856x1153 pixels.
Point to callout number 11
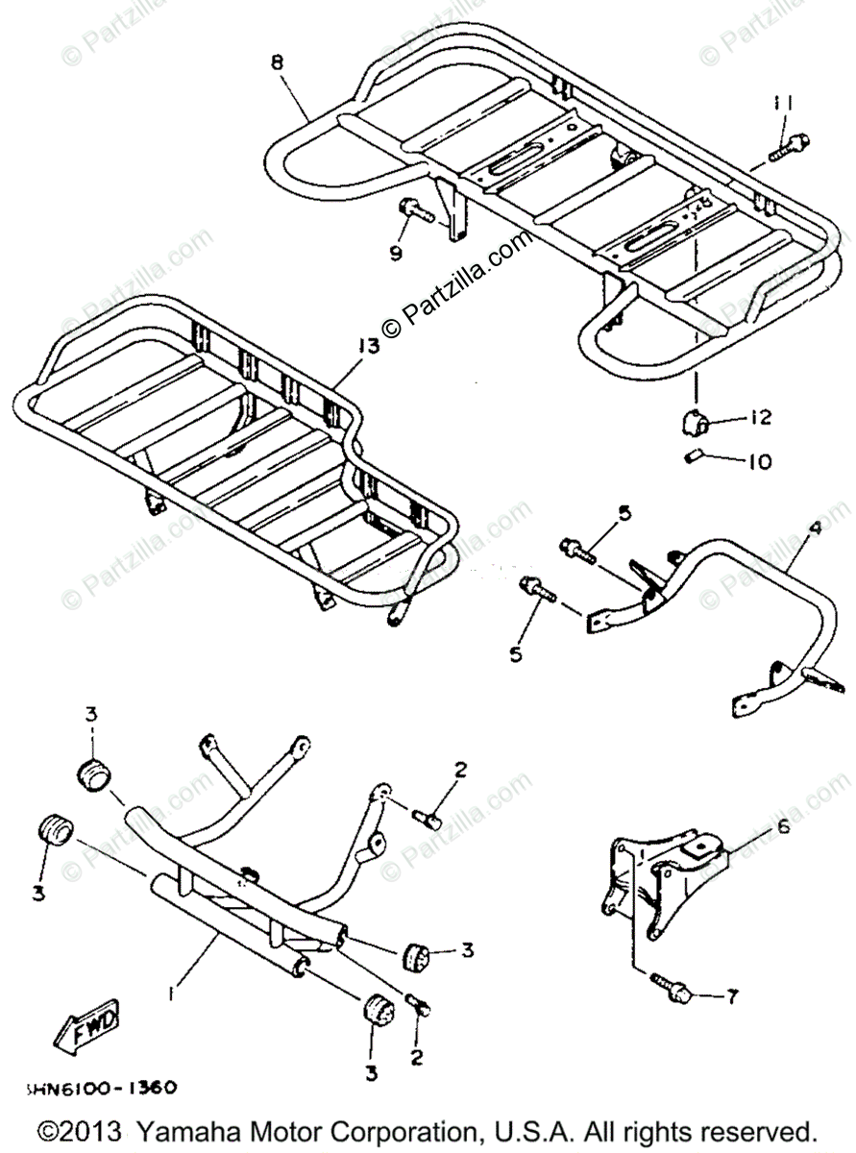pos(784,103)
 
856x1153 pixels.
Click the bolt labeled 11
pos(789,146)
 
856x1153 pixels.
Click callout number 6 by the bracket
pos(782,825)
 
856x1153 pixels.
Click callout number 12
pos(761,419)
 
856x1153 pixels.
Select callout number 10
pos(759,461)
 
